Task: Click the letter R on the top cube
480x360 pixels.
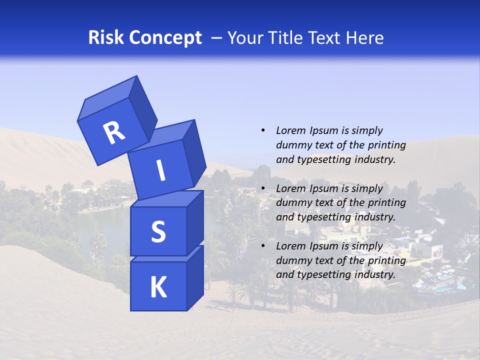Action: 114,133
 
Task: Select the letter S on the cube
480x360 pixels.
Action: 158,231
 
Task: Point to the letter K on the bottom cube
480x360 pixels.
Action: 158,287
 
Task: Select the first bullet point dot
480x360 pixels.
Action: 263,130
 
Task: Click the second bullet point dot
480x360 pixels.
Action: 263,188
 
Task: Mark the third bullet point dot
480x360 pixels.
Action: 263,246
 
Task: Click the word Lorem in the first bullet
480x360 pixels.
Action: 290,130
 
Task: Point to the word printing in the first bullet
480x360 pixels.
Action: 386,145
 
